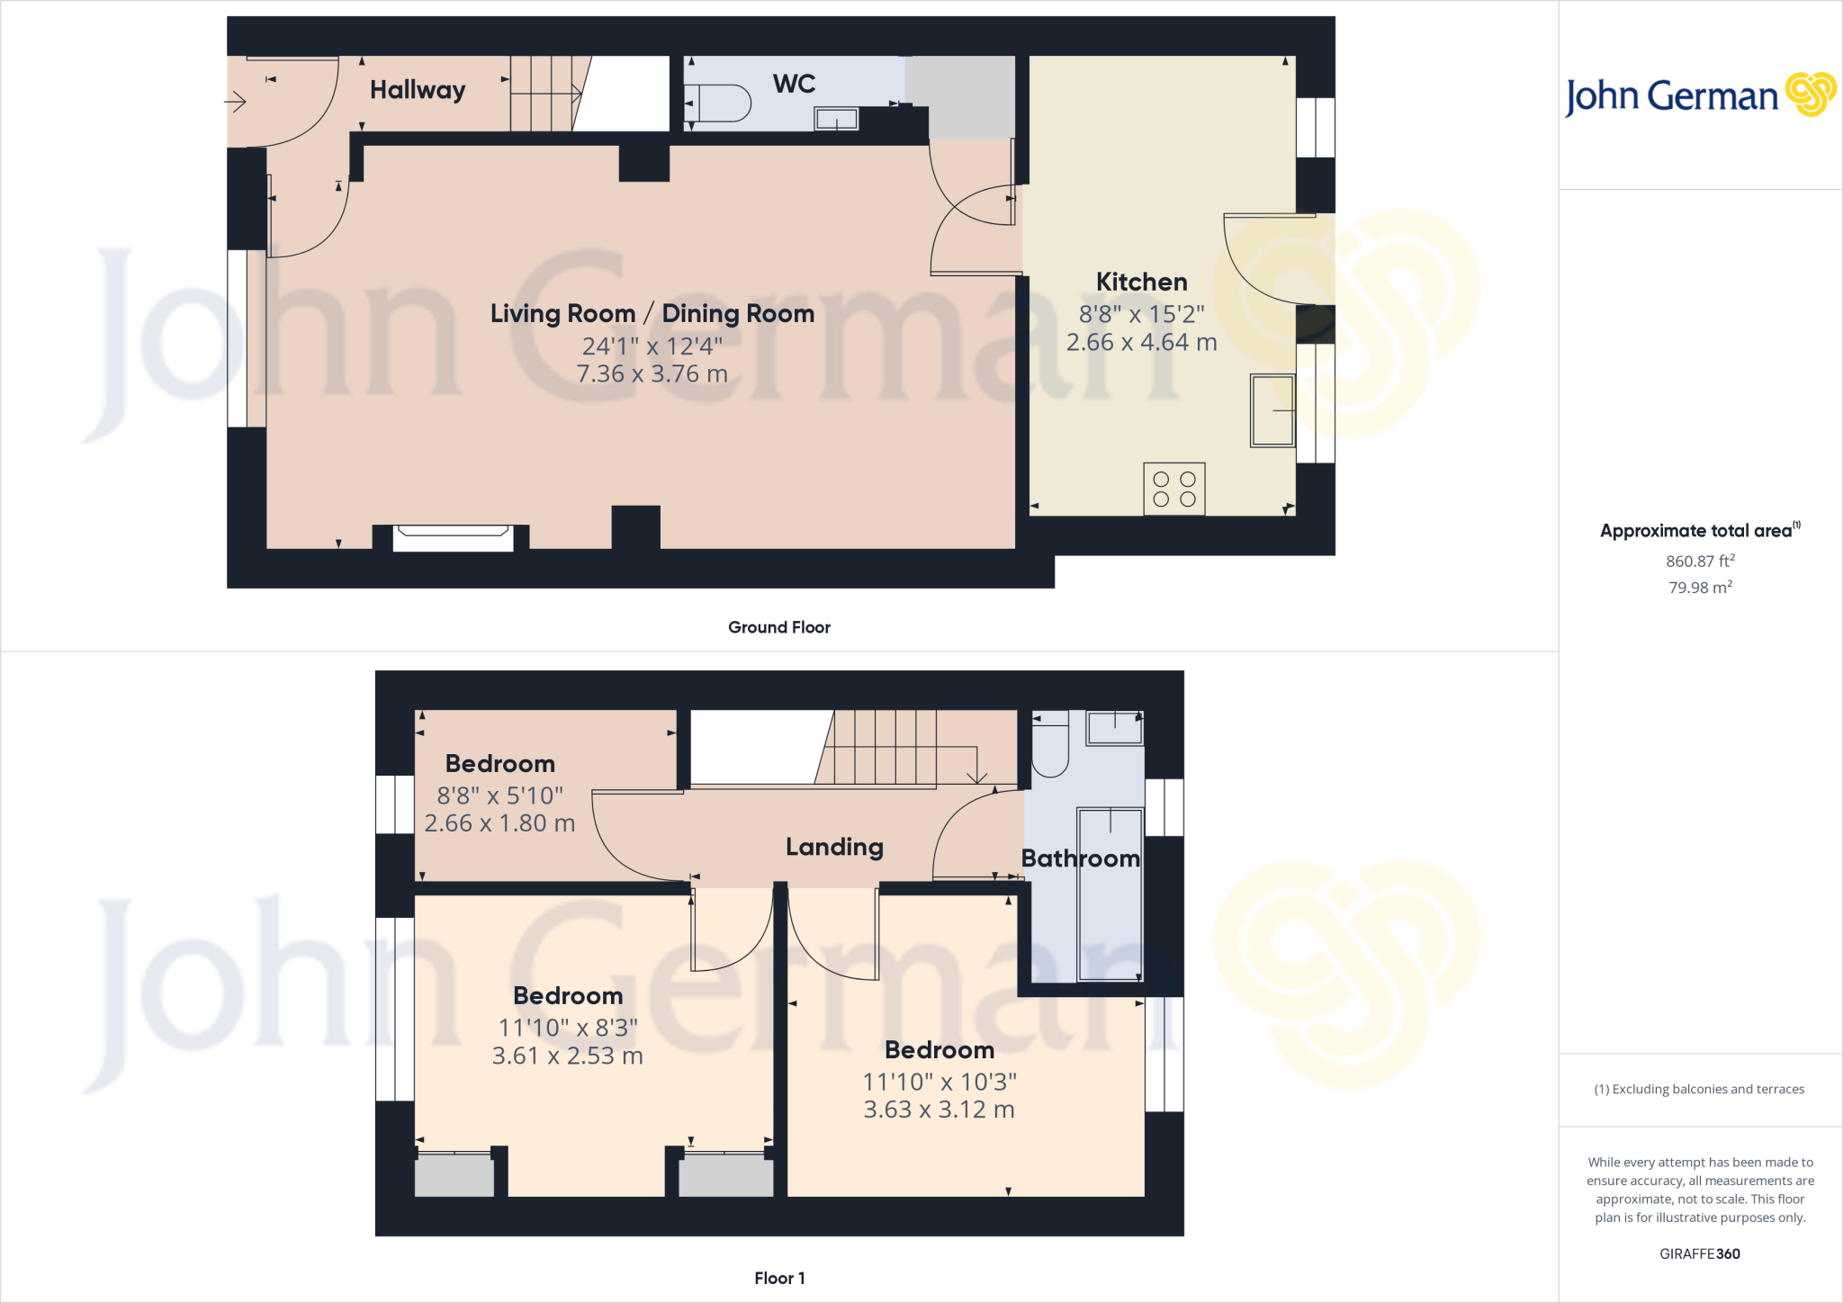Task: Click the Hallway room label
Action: [x=418, y=90]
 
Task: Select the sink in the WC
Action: [x=836, y=119]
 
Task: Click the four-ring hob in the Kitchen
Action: [x=1173, y=489]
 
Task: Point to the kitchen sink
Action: [x=1272, y=411]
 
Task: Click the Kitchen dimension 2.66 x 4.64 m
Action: [x=1141, y=343]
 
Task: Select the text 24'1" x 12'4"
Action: [x=652, y=346]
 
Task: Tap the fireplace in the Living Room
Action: [x=453, y=537]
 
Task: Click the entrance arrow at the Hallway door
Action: [x=236, y=102]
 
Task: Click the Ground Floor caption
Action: [x=778, y=627]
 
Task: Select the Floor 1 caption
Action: [x=779, y=1278]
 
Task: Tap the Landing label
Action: [x=834, y=847]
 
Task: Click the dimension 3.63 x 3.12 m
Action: [x=939, y=1110]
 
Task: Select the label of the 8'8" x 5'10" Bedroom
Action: [x=499, y=764]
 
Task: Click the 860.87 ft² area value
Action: [x=1700, y=561]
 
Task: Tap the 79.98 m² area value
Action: [x=1700, y=588]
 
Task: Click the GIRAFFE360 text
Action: [x=1699, y=1254]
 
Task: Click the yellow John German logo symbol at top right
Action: [x=1810, y=94]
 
